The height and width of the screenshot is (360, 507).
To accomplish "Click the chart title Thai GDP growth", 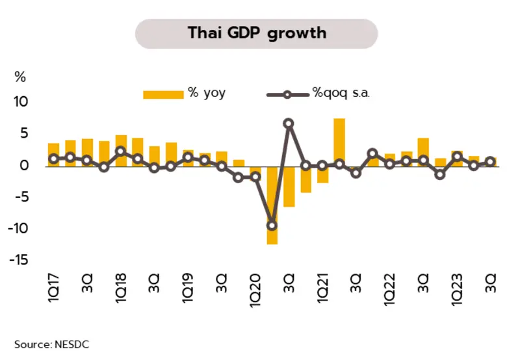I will click(257, 32).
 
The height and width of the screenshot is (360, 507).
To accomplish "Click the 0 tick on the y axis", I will click(25, 166).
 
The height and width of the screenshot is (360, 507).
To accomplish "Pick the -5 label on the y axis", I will click(21, 197).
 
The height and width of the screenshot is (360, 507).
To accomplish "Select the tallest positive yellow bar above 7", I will click(339, 142).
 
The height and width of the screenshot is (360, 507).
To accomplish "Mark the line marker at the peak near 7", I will click(289, 123).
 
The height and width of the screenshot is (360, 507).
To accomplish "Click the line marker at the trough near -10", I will click(272, 225).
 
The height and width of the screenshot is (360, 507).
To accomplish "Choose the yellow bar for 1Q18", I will click(121, 150).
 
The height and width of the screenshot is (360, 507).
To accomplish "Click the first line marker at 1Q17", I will click(54, 159).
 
